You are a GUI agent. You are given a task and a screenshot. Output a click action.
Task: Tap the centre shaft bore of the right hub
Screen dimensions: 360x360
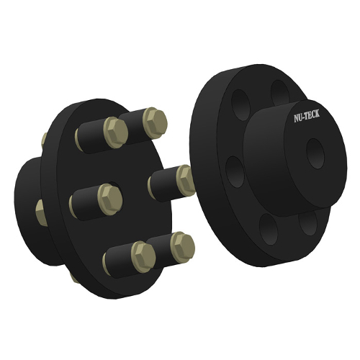[315, 153]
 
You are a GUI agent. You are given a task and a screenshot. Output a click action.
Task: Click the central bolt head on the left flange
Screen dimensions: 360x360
[108, 197]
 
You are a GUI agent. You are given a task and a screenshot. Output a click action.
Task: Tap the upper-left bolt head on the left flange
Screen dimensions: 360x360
[115, 132]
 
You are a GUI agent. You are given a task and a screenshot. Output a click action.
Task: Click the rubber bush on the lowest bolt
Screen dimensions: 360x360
[117, 261]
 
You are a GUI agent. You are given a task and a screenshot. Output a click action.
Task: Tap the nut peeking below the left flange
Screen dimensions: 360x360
[74, 276]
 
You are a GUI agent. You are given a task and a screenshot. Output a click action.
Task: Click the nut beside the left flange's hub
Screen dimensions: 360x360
[40, 212]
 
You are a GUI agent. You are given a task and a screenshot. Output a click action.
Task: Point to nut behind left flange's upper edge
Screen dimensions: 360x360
[44, 138]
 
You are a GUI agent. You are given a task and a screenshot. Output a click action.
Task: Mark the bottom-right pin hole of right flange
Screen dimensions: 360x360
[309, 222]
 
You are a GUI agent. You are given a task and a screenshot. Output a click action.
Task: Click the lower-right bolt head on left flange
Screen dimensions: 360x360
[181, 246]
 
